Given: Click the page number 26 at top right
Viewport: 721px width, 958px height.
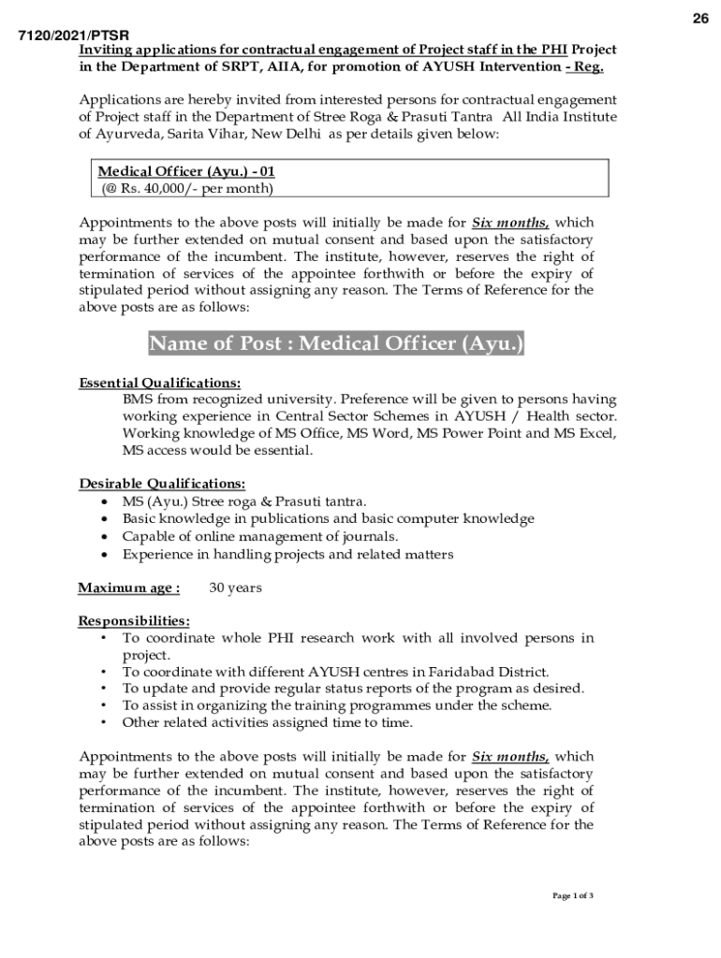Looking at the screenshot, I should click(x=700, y=21).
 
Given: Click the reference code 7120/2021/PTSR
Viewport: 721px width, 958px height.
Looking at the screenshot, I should click(x=74, y=36).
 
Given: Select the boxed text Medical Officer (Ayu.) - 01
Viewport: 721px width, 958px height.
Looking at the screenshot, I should click(x=187, y=172).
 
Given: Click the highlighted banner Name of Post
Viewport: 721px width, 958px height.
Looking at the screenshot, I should click(x=336, y=344).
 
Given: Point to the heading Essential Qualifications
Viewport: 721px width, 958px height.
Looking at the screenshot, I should click(x=159, y=383).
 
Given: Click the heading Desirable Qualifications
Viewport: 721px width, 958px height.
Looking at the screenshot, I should click(x=162, y=484).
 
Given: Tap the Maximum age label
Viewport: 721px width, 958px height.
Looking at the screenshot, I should click(x=128, y=588).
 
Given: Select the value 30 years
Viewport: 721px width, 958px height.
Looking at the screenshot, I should click(x=235, y=588).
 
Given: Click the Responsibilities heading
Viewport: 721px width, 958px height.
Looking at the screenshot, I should click(x=134, y=621).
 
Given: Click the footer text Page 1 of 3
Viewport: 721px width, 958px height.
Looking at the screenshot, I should click(x=573, y=895).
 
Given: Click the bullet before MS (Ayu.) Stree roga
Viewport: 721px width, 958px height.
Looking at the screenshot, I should click(x=102, y=502).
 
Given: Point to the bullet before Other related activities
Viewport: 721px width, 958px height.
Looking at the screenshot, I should click(x=102, y=722).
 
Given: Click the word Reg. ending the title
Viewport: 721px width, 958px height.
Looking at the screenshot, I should click(x=589, y=66).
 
